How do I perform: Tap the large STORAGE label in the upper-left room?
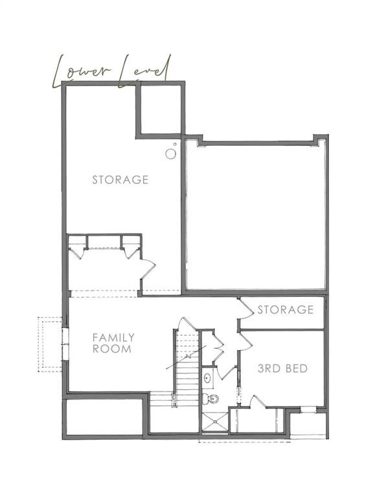[x=120, y=180]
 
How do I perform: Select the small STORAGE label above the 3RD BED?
[x=286, y=310]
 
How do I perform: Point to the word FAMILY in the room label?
[x=113, y=337]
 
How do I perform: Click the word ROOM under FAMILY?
[x=112, y=349]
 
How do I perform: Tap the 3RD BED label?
[x=283, y=369]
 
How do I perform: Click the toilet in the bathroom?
[x=211, y=397]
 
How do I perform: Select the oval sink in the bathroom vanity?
[x=207, y=377]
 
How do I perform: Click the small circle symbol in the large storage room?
[x=170, y=154]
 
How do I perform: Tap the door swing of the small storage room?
[x=245, y=310]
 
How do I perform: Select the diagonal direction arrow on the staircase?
[x=186, y=358]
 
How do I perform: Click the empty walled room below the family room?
[x=104, y=416]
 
